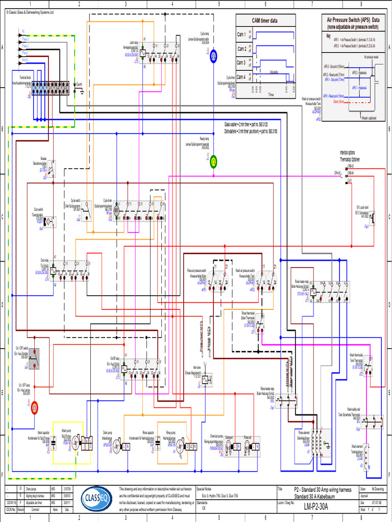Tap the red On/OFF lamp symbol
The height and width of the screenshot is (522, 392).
tap(35, 406)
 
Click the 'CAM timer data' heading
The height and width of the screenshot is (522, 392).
tap(265, 20)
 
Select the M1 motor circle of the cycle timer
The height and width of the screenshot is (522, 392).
tap(116, 210)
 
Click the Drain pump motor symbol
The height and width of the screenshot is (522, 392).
tap(116, 447)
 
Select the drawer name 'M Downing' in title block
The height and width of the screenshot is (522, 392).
tap(378, 488)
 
